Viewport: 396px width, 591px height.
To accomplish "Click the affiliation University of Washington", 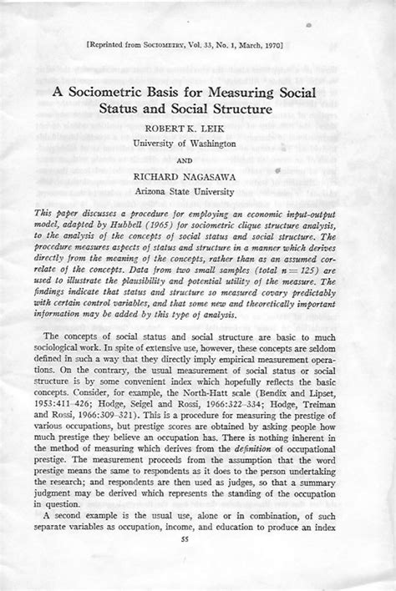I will click(x=198, y=144).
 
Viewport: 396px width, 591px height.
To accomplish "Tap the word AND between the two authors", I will click(x=198, y=162).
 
